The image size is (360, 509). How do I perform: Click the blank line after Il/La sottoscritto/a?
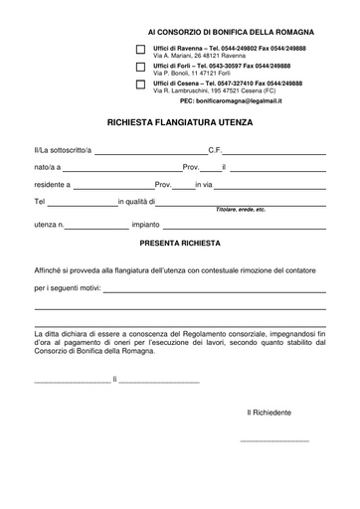(x=150, y=151)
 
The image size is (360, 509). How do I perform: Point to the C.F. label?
(x=215, y=149)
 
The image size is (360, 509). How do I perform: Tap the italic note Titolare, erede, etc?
(x=241, y=211)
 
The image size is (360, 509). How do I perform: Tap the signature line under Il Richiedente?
(x=274, y=440)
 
